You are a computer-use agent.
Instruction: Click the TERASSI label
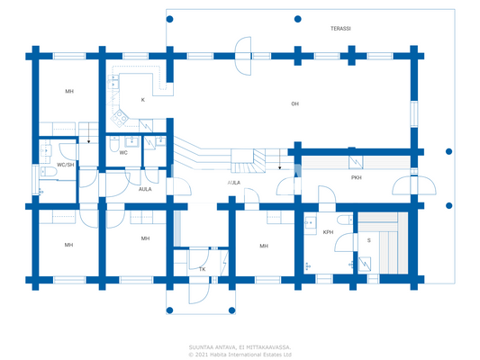click(340, 29)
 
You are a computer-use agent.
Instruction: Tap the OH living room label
click(294, 103)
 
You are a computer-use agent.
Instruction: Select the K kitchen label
click(141, 100)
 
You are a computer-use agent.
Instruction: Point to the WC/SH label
click(66, 165)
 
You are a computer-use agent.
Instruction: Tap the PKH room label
click(356, 177)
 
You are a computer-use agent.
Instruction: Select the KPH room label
click(328, 232)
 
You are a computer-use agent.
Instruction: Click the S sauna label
click(367, 239)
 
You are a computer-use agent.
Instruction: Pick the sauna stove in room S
click(367, 264)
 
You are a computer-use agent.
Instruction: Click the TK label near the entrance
click(202, 269)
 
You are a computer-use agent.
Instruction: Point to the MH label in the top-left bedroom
click(68, 92)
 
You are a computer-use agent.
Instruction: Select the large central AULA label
click(232, 183)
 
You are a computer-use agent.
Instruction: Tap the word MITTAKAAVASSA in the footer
click(266, 346)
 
